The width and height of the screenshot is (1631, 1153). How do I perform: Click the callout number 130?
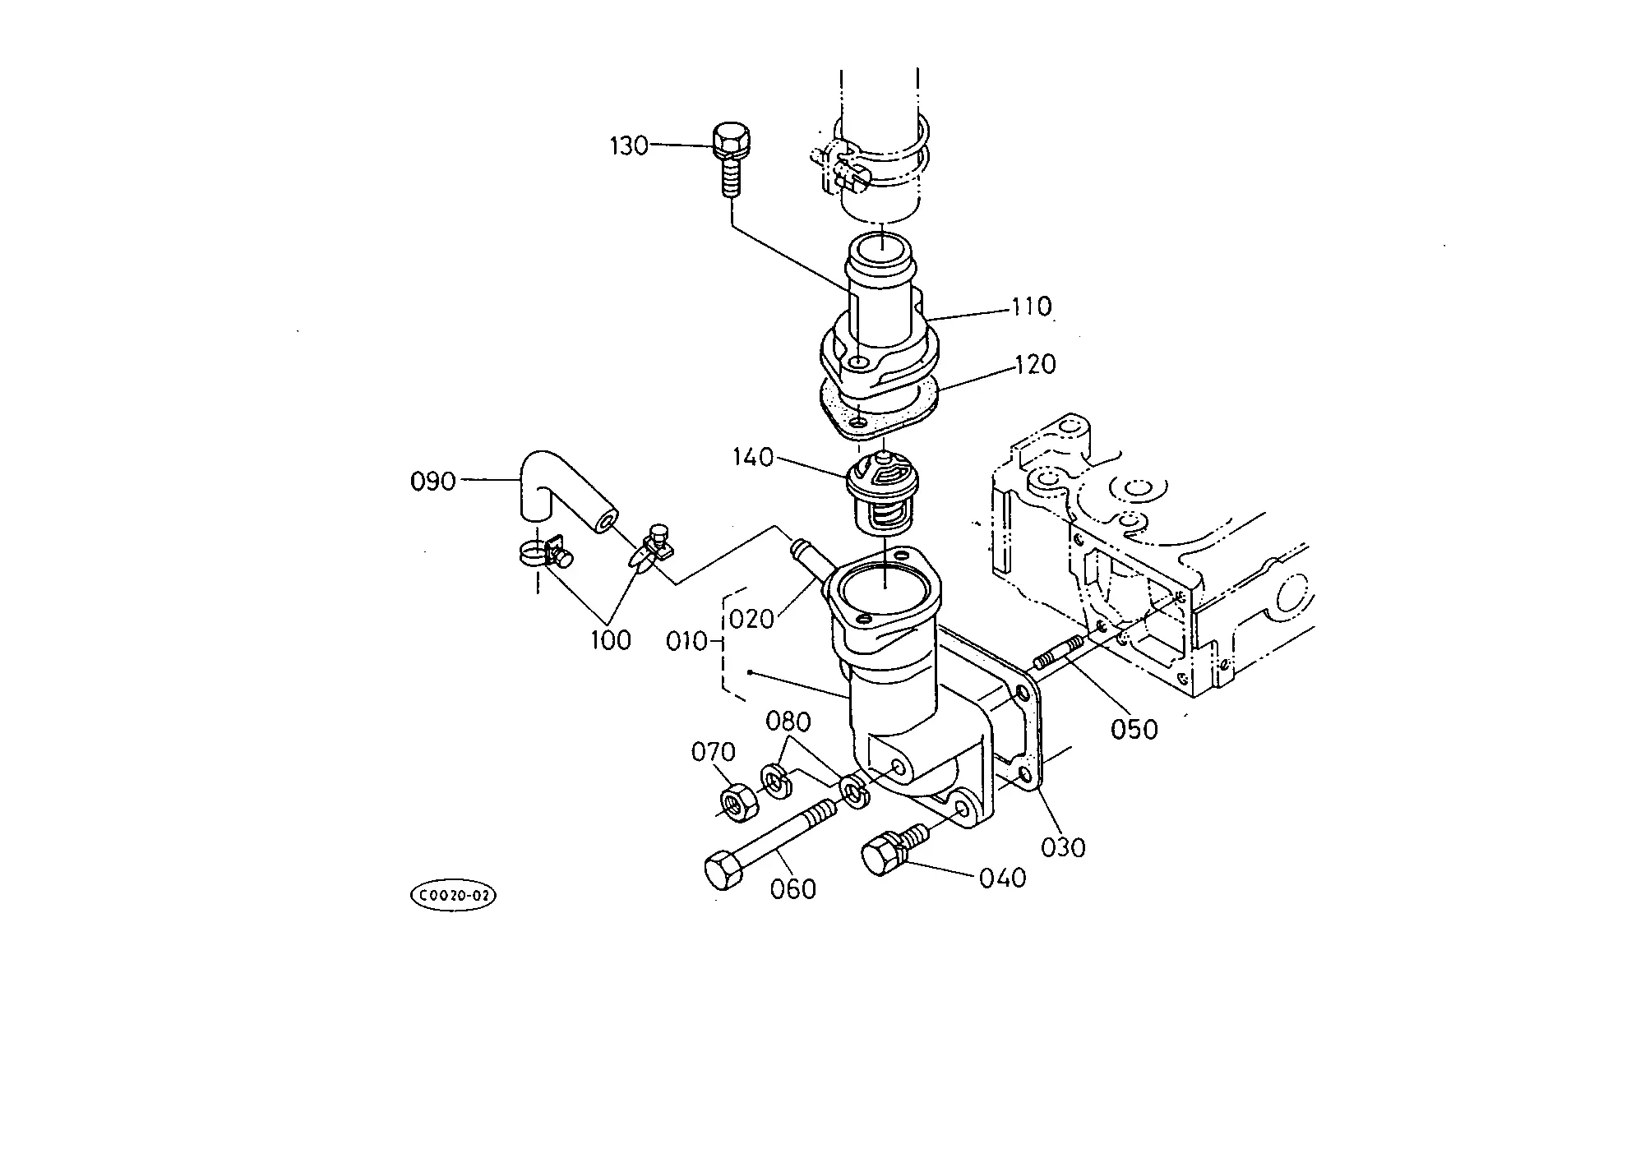point(629,146)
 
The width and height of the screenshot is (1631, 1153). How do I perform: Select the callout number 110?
point(1030,307)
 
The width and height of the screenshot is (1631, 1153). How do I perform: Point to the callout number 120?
point(1036,364)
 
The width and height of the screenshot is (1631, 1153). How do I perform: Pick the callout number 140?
point(754,458)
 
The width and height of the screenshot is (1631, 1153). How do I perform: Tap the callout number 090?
point(432,482)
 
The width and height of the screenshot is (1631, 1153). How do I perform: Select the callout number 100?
point(611,640)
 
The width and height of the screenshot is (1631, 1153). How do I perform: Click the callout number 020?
point(751,618)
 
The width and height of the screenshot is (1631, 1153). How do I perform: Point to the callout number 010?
point(687,641)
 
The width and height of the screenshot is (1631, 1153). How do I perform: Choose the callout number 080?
point(788,722)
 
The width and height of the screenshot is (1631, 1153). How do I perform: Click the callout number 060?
point(794,889)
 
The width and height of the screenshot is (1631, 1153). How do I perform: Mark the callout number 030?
point(1063,847)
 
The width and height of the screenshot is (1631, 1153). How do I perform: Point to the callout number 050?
point(1134,730)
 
